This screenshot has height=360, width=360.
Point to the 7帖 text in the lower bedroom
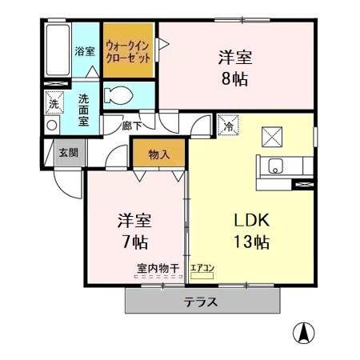pos(134,241)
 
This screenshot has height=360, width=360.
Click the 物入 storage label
pos(158,154)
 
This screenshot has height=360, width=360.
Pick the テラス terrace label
pos(202,302)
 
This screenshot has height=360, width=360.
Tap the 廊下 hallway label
pos(134,126)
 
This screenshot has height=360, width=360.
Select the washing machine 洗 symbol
pos(53,103)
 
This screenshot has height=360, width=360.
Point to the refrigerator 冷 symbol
pos(226,126)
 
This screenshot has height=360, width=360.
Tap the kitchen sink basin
pos(275,167)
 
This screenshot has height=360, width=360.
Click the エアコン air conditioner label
pos(201,270)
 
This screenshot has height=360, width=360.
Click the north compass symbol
pos(306,330)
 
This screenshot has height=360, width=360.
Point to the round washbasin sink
pos(53,126)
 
